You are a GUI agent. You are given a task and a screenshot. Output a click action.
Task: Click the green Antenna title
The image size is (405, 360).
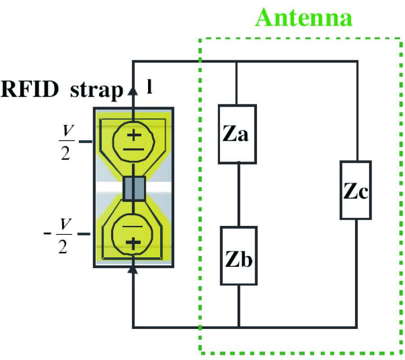[304, 18]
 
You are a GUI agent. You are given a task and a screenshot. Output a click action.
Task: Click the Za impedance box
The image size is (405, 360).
[237, 134]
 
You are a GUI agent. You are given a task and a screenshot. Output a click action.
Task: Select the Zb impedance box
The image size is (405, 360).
[238, 256]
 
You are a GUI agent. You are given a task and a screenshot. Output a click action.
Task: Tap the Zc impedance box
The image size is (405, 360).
[355, 190]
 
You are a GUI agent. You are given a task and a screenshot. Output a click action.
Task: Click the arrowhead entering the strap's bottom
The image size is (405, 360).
[133, 269]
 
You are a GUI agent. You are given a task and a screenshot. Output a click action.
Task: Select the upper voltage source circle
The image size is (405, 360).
[133, 140]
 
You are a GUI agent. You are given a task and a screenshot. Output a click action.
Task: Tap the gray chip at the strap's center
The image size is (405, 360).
[134, 188]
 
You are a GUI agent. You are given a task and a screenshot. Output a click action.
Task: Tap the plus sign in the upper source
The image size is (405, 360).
[133, 134]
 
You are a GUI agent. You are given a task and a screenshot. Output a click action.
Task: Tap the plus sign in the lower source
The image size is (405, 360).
[133, 243]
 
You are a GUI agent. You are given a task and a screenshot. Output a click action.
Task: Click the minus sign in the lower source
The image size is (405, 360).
[133, 227]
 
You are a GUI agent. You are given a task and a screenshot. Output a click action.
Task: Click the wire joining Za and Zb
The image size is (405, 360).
[238, 194]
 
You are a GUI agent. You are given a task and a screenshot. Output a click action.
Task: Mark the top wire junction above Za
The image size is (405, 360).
[237, 61]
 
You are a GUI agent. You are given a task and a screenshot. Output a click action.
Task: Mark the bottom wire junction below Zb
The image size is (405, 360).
[238, 327]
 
